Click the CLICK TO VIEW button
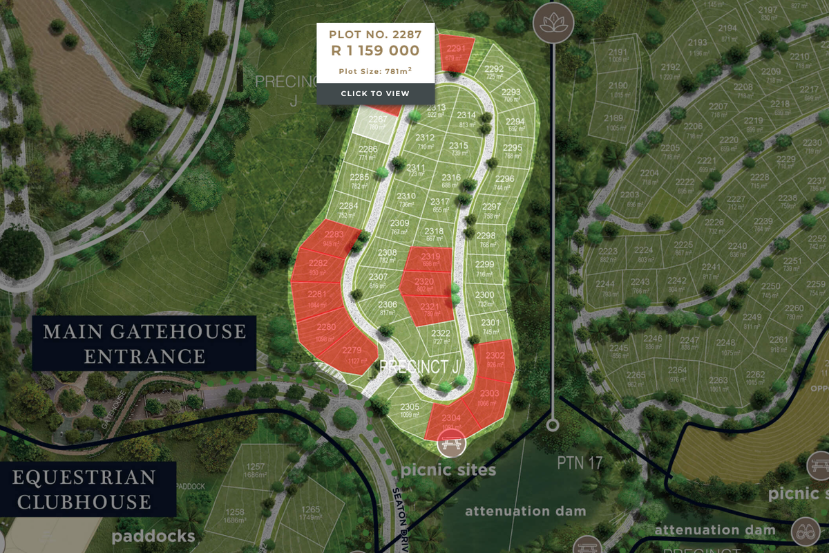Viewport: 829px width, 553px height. [x=375, y=93]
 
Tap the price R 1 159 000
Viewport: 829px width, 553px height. [x=375, y=50]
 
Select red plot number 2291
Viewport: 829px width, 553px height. [x=456, y=52]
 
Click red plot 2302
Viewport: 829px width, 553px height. [x=495, y=359]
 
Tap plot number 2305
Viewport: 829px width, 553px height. [x=409, y=410]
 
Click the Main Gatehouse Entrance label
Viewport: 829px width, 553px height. [x=144, y=344]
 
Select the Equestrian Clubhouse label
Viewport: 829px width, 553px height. [x=84, y=489]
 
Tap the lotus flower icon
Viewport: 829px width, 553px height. [x=552, y=23]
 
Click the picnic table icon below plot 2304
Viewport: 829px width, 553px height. [x=452, y=445]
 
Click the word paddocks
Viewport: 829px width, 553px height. [x=153, y=536]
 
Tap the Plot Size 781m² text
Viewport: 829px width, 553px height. [x=375, y=71]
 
